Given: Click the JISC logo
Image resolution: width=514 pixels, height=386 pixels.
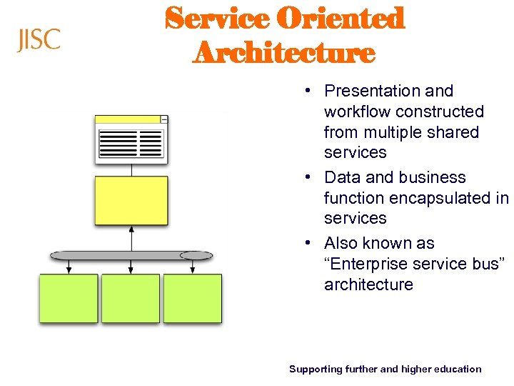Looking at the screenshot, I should pos(39,40).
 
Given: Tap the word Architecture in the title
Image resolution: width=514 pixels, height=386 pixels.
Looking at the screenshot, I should pos(283,53).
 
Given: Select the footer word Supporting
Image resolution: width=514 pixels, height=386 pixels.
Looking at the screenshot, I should pos(316,370).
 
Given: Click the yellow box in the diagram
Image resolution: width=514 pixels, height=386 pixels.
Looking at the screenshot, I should pos(131,200).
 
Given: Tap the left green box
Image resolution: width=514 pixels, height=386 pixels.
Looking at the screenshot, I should pos(69,298).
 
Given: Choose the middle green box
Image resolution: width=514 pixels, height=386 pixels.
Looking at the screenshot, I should pos(131,298).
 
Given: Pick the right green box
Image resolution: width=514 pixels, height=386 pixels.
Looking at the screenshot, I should pos(193,298).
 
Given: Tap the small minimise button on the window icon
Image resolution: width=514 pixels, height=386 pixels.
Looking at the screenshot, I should pos(164,119).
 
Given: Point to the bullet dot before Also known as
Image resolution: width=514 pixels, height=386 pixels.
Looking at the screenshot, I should pos(306,244).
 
